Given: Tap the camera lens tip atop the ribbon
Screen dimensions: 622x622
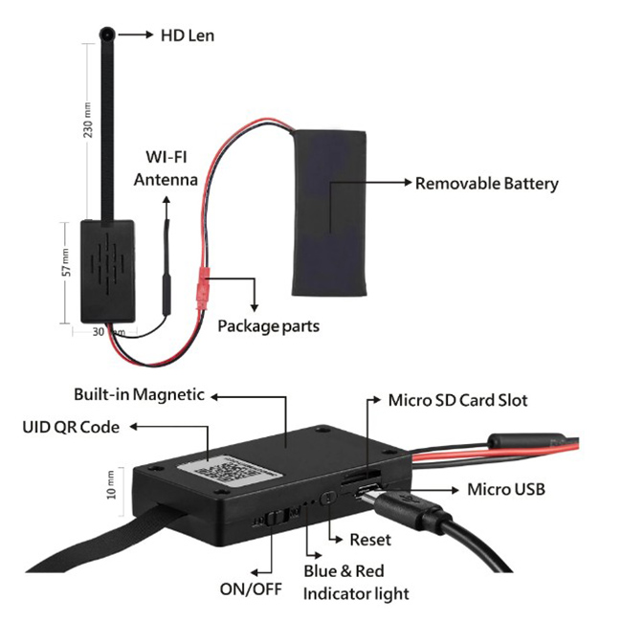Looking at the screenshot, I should point(108,34).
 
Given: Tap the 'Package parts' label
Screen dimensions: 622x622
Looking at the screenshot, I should point(268,326).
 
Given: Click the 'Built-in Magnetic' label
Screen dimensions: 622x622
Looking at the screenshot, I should point(139,394).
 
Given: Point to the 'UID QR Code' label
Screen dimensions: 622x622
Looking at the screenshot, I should point(71,427).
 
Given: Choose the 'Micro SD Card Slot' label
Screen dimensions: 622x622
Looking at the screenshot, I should point(457,400).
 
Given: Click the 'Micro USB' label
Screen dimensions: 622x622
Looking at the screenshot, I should point(505,489).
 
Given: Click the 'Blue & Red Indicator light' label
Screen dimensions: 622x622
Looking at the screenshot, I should point(355,583).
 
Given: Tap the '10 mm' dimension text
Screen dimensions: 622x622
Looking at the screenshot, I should point(111,484).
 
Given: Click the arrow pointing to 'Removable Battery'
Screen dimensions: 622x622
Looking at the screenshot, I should point(372,182).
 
